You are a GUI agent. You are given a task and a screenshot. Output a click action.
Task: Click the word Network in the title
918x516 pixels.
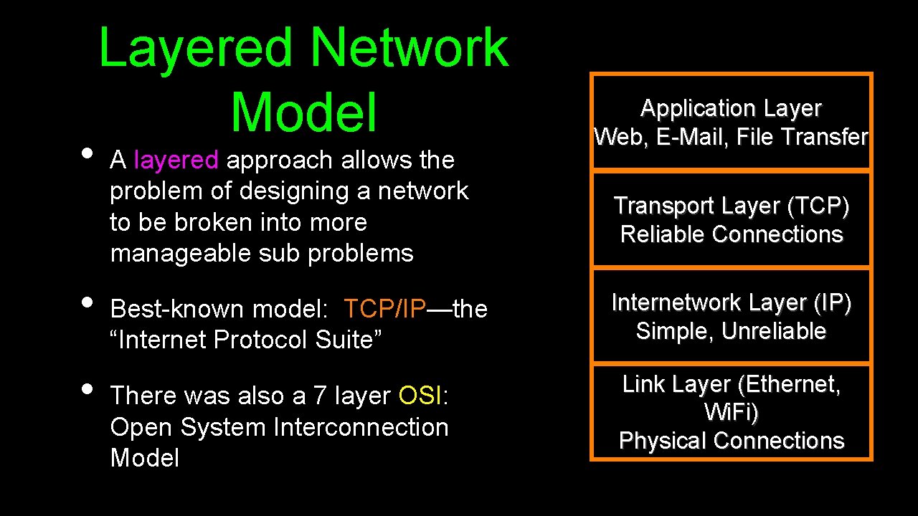point(410,49)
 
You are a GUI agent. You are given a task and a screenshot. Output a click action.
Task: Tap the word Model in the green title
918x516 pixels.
point(303,113)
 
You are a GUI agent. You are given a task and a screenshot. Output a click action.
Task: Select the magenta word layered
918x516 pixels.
point(176,160)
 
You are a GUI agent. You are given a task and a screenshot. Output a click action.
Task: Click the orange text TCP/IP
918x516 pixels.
point(385,309)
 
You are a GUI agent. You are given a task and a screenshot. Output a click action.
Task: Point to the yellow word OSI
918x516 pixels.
point(420,395)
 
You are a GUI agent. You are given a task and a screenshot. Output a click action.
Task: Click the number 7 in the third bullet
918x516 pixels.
point(319,396)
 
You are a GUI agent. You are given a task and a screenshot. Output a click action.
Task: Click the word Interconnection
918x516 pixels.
point(361,427)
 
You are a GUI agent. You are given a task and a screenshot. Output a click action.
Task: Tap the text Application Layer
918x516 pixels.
point(731,108)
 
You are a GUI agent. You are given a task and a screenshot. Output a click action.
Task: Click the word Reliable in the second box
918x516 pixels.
point(653,234)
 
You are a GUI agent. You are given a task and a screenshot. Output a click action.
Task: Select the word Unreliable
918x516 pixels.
point(774,332)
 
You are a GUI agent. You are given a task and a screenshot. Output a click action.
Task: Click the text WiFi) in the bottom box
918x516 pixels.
point(731,413)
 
